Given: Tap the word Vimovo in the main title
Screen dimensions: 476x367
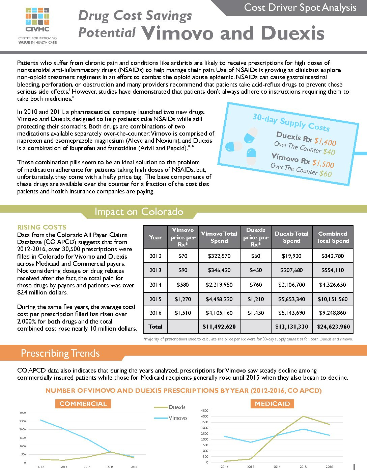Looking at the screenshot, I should click(177, 33).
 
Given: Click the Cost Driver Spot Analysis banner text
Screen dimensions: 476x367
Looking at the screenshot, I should click(300, 7).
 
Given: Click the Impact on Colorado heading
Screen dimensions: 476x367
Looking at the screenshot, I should click(139, 212).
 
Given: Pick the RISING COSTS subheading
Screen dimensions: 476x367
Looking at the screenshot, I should click(42, 227).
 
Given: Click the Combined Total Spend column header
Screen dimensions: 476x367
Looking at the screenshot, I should click(333, 237).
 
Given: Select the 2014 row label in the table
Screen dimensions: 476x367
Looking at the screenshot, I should click(156, 285).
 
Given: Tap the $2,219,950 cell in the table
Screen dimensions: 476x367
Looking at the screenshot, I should click(219, 285).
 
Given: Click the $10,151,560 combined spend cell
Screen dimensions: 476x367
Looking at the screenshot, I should click(333, 299).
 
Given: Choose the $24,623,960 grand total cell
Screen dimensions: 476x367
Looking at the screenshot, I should click(333, 327).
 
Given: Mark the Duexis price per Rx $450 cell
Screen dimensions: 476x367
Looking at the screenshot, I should click(256, 270).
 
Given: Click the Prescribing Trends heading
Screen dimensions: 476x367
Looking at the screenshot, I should click(60, 353).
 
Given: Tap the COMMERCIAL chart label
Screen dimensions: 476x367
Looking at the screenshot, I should click(83, 404).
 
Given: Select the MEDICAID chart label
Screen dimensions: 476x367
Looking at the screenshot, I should click(272, 404).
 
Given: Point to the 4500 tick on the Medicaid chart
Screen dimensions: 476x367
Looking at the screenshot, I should click(205, 411).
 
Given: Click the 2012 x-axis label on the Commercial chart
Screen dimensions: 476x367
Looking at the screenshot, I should click(40, 467).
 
